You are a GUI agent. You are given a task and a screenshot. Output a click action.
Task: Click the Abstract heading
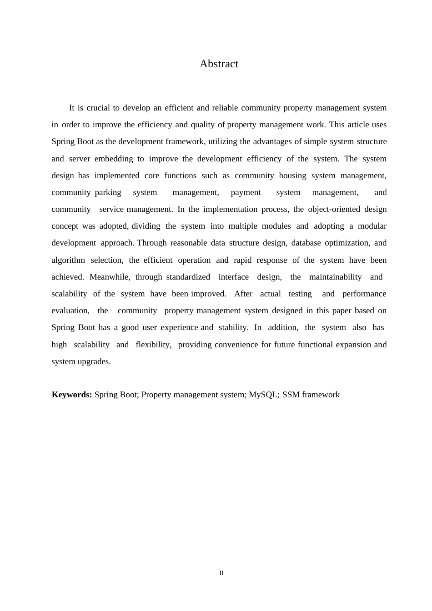click(219, 64)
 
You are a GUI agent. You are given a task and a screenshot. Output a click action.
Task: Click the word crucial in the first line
click(98, 108)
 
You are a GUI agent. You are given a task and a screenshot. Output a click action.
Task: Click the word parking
click(108, 193)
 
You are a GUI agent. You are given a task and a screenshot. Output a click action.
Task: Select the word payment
click(246, 193)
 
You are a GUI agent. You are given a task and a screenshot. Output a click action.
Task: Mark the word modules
click(276, 226)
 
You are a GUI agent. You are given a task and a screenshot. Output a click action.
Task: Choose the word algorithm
click(68, 260)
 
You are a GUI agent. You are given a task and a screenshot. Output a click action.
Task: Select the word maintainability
click(335, 277)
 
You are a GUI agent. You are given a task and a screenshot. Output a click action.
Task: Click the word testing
click(300, 294)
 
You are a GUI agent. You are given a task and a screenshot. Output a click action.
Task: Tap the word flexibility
click(153, 345)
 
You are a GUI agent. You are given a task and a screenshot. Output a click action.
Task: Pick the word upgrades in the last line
click(95, 362)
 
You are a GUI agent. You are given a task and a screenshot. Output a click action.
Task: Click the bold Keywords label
click(72, 395)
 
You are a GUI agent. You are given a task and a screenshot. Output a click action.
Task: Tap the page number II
click(221, 573)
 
